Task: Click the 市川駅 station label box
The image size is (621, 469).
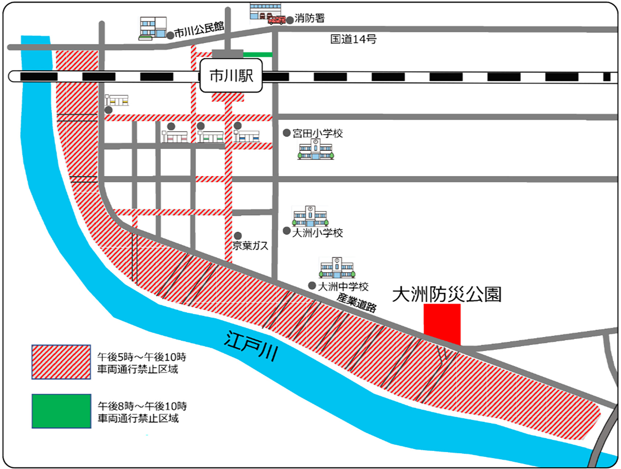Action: pyautogui.click(x=231, y=75)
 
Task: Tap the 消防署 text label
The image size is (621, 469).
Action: pyautogui.click(x=309, y=18)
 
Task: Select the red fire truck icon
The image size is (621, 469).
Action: pyautogui.click(x=276, y=20)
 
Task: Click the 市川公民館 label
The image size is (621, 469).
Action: pyautogui.click(x=199, y=30)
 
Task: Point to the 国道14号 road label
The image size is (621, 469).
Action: pyautogui.click(x=353, y=39)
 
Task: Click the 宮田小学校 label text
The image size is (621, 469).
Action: pyautogui.click(x=317, y=133)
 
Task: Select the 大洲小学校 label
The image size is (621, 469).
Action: pyautogui.click(x=317, y=233)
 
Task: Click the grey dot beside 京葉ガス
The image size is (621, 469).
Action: pyautogui.click(x=238, y=235)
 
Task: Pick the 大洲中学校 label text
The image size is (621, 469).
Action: pyautogui.click(x=343, y=286)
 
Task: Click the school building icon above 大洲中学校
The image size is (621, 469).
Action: pyautogui.click(x=337, y=267)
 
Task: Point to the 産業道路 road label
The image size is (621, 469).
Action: pyautogui.click(x=356, y=303)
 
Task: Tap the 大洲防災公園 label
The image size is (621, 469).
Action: pyautogui.click(x=446, y=294)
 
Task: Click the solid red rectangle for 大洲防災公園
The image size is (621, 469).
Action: pyautogui.click(x=442, y=324)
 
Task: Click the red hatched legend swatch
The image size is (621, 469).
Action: pyautogui.click(x=61, y=362)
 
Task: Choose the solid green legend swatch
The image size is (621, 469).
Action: pyautogui.click(x=61, y=411)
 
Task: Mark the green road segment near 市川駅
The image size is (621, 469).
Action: pyautogui.click(x=258, y=55)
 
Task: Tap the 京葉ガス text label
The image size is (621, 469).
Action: pyautogui.click(x=250, y=245)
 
